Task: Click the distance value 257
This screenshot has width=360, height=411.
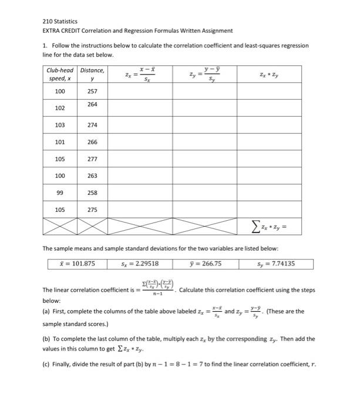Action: pos(92,92)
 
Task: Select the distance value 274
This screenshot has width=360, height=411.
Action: pos(92,125)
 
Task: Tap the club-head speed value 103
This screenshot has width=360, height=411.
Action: pos(59,125)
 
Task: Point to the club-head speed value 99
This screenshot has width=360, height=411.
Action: pos(59,193)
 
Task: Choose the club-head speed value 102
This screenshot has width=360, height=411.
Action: pos(59,109)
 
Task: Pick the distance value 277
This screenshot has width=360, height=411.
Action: pos(92,159)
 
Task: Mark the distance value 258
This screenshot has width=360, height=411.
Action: pos(92,193)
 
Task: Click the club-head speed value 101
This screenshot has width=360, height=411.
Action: pos(59,142)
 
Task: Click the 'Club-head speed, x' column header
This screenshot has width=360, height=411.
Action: pos(59,74)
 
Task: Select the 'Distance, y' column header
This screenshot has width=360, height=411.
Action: pos(92,74)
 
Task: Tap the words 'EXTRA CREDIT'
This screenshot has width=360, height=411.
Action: pos(62,31)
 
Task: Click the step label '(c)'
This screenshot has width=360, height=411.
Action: pos(46,364)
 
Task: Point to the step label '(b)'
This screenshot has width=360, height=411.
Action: pos(46,339)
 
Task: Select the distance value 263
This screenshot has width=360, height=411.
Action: pos(92,176)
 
